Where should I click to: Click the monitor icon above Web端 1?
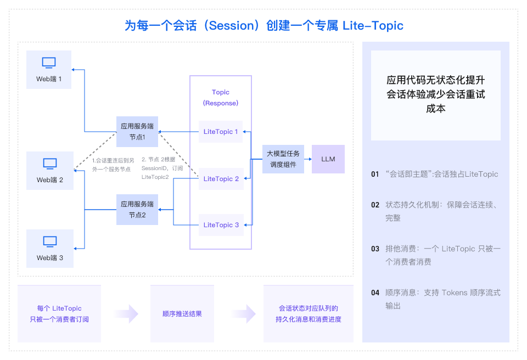click(49, 63)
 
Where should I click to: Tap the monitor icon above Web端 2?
click(50, 164)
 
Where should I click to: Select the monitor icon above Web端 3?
click(50, 241)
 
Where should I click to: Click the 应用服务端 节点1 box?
click(137, 132)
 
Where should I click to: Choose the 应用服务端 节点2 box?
click(137, 209)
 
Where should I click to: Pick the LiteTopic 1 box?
click(221, 132)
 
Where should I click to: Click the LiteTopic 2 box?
click(221, 179)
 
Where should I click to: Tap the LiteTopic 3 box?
click(221, 225)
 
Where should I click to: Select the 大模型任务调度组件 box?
click(283, 159)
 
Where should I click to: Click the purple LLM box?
click(328, 159)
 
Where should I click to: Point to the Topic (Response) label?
click(221, 98)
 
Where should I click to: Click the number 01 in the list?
click(375, 175)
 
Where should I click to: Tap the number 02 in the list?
click(375, 205)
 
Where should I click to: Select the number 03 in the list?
click(375, 249)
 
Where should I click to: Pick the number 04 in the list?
click(375, 292)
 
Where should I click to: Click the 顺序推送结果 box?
click(182, 314)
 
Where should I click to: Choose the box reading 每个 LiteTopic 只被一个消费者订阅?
click(59, 314)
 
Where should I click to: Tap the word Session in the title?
click(228, 26)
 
